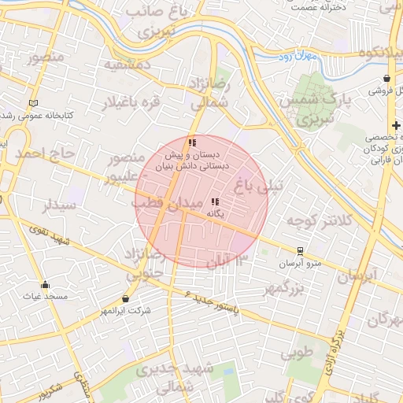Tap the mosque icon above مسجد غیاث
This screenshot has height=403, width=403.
click(x=45, y=285)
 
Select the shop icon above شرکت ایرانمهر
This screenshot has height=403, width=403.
click(x=126, y=298)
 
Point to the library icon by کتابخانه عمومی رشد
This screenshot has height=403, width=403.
click(x=32, y=103)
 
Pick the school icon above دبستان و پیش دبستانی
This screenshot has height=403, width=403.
click(x=192, y=142)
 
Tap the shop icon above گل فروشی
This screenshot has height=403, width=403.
click(x=387, y=78)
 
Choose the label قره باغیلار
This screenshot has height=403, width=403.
click(x=143, y=102)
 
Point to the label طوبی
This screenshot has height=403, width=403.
click(x=298, y=352)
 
